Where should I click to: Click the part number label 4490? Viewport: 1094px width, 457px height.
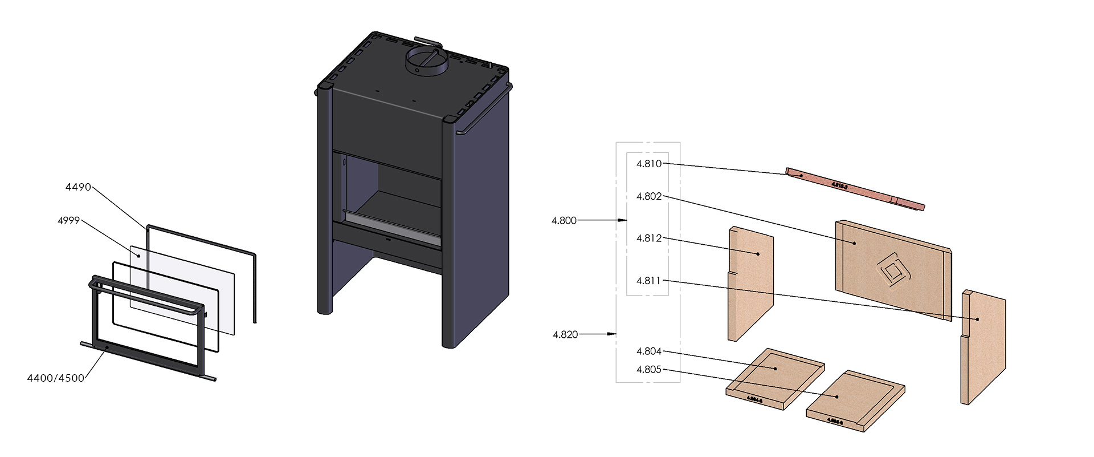tap(78, 187)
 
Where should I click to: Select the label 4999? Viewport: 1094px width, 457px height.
tap(68, 221)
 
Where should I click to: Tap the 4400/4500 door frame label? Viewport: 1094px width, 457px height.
tap(56, 378)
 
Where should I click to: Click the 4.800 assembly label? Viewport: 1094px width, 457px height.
tap(564, 221)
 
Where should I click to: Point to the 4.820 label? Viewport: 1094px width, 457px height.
tap(565, 335)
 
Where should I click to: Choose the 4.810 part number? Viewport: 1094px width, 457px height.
tap(649, 164)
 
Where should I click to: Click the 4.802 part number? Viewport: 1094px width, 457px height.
tap(649, 196)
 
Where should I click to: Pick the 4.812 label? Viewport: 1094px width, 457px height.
tap(649, 238)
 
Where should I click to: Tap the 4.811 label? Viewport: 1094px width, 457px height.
tap(649, 281)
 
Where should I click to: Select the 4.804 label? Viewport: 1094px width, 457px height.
tap(649, 351)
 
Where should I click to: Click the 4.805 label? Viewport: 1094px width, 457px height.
tap(649, 370)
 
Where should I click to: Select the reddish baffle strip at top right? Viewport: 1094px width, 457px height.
tap(855, 189)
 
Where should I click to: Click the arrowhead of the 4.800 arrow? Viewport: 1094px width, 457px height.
tap(624, 220)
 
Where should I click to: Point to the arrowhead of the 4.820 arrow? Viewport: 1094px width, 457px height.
tap(613, 334)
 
